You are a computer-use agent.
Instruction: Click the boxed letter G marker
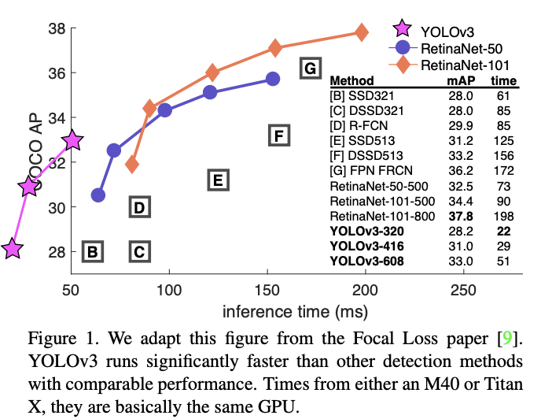pos(310,69)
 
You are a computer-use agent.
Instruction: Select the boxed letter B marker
pos(92,252)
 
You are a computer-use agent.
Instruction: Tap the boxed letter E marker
pos(219,180)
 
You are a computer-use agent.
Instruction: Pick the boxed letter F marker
pos(278,135)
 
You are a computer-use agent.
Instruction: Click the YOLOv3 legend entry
pos(447,31)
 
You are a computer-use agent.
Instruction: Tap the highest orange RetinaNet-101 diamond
pos(362,32)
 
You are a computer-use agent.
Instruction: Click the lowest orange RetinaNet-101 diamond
pos(131,165)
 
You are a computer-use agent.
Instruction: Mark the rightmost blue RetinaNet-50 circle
pos(273,79)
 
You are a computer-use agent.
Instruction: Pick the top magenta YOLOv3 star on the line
pos(72,140)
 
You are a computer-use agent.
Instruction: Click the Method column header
pos(351,81)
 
